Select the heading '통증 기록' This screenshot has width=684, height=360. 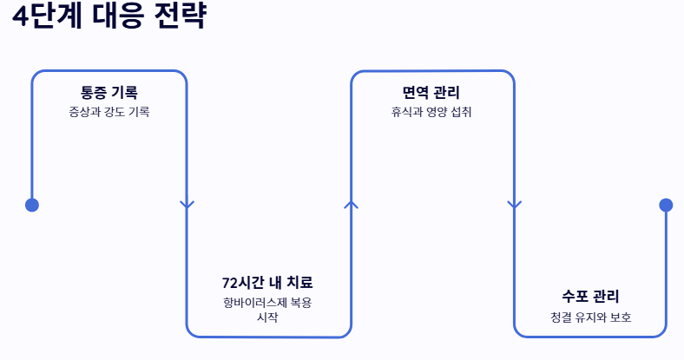coord(109,92)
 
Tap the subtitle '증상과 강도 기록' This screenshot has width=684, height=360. coord(109,112)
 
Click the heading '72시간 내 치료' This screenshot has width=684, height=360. coord(267,283)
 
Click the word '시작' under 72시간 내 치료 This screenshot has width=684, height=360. coord(267,317)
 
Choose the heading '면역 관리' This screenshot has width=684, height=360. coord(431,92)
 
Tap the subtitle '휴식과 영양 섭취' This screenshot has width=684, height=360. coord(431,112)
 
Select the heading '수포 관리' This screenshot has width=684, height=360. coord(590,297)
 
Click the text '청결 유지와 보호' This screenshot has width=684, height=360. coord(590,317)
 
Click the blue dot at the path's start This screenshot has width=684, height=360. coord(32,205)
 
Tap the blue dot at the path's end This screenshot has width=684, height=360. coord(666,205)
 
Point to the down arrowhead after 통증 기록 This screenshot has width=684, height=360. coord(187,205)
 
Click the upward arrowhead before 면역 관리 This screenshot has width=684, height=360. coord(351,204)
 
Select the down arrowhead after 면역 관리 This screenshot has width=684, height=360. coord(514,205)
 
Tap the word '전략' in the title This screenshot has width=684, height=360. coord(181,18)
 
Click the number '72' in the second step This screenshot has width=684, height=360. coord(230,283)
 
